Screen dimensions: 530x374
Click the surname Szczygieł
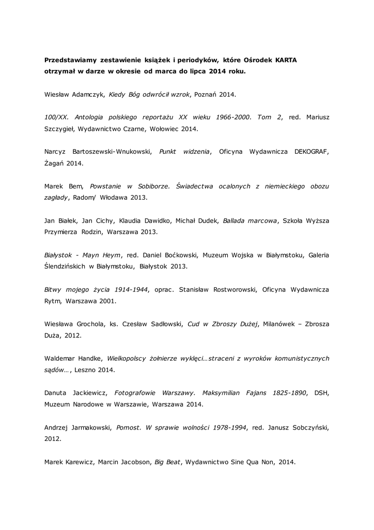[60, 129]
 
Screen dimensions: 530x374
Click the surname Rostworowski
[227, 288]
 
